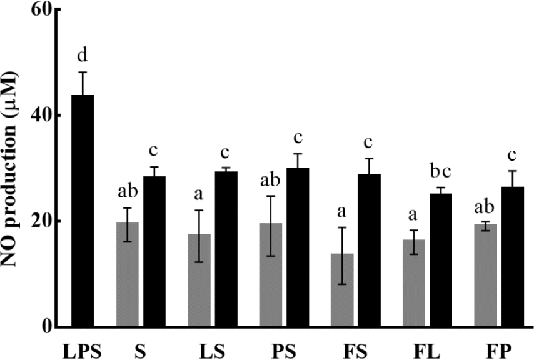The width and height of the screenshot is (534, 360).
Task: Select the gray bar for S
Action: (x=128, y=274)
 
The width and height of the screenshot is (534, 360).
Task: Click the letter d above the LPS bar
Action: (x=82, y=56)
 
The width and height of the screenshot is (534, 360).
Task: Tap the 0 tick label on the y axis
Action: (x=46, y=326)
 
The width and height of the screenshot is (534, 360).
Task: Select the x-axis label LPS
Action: (x=83, y=347)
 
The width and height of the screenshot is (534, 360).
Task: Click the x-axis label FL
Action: (x=429, y=347)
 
